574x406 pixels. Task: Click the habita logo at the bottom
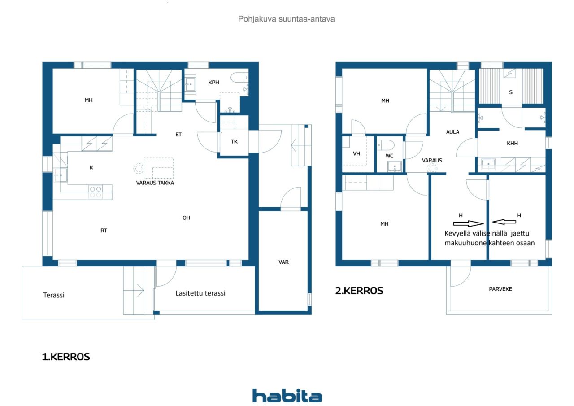click(287, 396)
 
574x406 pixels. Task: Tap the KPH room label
click(214, 83)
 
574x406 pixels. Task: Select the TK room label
click(234, 141)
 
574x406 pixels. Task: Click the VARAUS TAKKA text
click(155, 183)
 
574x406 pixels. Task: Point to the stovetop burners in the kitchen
click(96, 192)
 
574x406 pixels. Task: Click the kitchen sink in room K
click(61, 175)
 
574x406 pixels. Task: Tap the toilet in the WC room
click(386, 145)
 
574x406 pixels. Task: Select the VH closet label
click(357, 153)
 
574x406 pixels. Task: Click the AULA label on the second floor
click(452, 132)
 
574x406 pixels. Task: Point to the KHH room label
click(512, 143)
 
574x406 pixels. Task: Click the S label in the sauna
click(511, 92)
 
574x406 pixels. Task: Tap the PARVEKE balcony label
click(500, 289)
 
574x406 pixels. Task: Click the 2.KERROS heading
click(359, 291)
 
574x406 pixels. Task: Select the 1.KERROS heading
click(66, 357)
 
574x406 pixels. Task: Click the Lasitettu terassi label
click(200, 293)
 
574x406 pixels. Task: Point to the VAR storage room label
click(283, 262)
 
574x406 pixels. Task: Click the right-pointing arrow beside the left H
click(469, 223)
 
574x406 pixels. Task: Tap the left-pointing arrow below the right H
click(504, 222)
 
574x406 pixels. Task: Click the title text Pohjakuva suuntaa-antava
click(286, 19)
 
